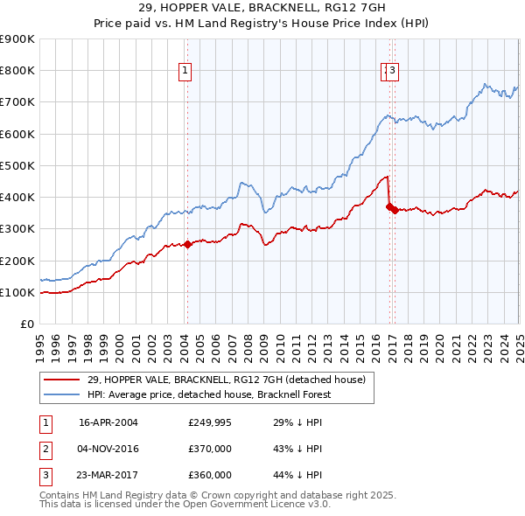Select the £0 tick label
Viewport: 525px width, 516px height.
28,324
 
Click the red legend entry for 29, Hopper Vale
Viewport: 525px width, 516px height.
231,379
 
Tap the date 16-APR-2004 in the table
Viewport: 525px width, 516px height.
108,423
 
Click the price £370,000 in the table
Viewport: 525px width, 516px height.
210,449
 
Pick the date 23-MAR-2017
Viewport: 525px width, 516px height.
108,475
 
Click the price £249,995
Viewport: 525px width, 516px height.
210,423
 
